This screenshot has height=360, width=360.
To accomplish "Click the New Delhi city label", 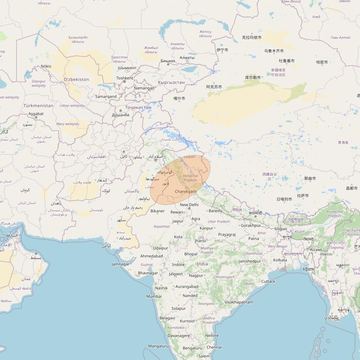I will click(x=189, y=205).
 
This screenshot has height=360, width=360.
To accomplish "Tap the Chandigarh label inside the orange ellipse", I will click(x=186, y=191).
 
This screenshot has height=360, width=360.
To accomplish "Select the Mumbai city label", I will click(x=154, y=296).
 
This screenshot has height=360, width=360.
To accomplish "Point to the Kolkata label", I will click(x=280, y=260).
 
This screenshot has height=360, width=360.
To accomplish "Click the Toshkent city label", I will click(x=125, y=78).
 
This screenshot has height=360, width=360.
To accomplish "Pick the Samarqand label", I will click(x=106, y=97).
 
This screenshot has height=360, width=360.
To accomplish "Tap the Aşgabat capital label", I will click(x=36, y=114).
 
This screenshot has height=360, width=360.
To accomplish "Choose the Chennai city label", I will click(x=214, y=347).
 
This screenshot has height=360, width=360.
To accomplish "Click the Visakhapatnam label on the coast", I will click(x=239, y=302).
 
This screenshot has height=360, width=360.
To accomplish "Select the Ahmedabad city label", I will click(x=151, y=256).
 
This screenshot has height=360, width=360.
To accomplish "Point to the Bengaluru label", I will click(x=192, y=348).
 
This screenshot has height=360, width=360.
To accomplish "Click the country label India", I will click(x=202, y=264).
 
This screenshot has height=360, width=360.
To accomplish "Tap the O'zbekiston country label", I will click(x=76, y=79).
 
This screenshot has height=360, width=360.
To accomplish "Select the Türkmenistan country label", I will click(x=38, y=106).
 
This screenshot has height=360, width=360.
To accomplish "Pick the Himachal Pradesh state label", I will click(x=190, y=178).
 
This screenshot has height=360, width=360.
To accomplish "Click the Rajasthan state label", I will click(x=162, y=227).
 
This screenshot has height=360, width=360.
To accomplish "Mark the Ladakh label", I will click(x=190, y=157).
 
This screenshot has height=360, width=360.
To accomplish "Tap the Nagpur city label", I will click(x=196, y=276).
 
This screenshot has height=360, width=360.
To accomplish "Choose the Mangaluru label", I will click(x=158, y=346).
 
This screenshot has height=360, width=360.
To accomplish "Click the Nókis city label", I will click(x=46, y=66).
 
